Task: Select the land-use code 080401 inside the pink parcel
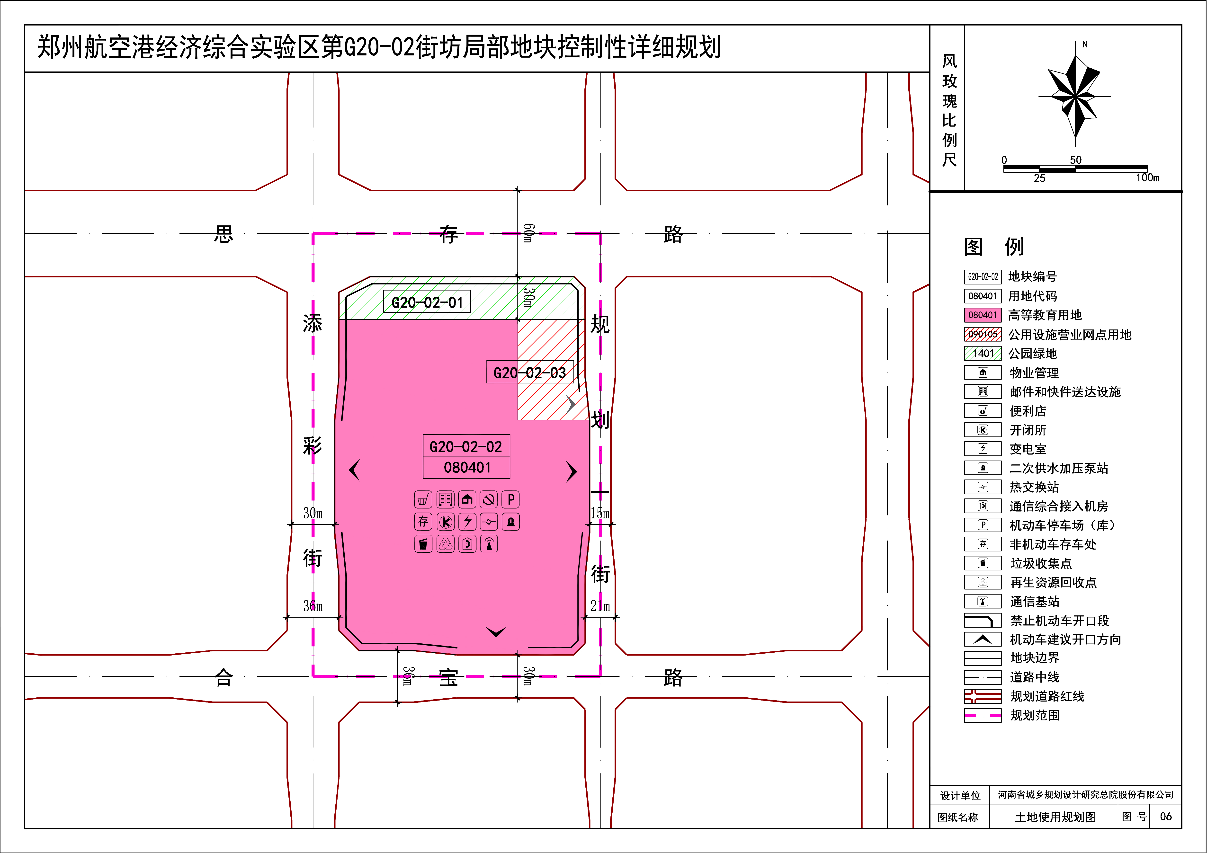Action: pos(467,467)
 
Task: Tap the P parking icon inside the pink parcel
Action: pos(510,499)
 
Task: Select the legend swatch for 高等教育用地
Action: pos(983,315)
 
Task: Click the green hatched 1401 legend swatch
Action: pos(983,353)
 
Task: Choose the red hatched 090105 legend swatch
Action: pos(983,334)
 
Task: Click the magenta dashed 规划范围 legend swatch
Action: pos(983,715)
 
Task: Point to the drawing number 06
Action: pos(1165,816)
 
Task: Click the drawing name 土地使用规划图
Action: pos(1055,817)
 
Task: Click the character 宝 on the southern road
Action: pos(448,677)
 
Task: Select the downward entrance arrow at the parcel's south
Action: pos(496,631)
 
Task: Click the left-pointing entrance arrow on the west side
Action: pos(354,470)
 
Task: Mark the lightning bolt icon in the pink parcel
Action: pos(467,521)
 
